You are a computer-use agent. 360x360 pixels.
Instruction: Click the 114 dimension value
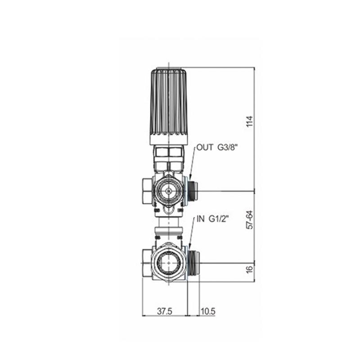click(250, 121)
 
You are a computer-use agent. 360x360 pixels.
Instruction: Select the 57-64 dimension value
click(250, 220)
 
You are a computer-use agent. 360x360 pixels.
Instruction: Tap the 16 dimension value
click(250, 269)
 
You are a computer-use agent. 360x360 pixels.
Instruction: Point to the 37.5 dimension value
click(164, 311)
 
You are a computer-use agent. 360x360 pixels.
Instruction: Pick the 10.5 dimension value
click(208, 311)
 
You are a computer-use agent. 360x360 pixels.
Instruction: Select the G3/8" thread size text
click(227, 147)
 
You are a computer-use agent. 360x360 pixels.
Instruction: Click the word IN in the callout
click(200, 219)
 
